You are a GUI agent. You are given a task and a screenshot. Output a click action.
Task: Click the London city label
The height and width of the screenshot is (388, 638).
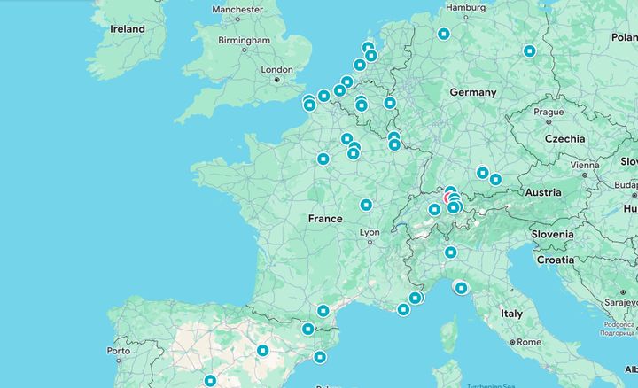point(276,69)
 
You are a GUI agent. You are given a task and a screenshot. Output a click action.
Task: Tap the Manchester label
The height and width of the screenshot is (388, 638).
point(237,9)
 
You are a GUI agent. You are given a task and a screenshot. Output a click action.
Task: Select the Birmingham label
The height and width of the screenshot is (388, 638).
point(244,40)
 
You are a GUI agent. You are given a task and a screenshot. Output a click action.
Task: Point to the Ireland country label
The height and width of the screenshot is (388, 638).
point(127,29)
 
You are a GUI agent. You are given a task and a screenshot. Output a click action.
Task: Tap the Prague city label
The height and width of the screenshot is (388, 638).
point(549,113)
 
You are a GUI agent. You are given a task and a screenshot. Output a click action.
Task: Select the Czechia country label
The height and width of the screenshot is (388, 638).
point(564,139)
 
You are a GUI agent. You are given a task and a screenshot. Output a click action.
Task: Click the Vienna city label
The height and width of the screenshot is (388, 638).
point(585,165)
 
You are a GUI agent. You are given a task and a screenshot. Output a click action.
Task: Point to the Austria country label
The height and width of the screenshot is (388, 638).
point(542,192)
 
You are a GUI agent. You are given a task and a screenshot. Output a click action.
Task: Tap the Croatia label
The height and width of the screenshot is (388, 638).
point(556,260)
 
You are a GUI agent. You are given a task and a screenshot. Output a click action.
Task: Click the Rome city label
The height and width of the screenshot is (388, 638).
point(527,342)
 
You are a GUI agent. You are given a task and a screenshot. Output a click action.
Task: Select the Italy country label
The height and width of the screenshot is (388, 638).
point(511,314)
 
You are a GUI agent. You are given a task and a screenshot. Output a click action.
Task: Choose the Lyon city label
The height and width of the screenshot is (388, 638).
point(369,233)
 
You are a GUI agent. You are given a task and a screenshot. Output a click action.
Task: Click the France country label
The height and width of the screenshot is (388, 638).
point(325,218)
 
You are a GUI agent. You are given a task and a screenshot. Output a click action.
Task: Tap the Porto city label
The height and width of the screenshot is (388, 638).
point(118,351)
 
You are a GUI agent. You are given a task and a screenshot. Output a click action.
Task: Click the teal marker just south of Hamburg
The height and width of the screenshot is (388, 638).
point(443,35)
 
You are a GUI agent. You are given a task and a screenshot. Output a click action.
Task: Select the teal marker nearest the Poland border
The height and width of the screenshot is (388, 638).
point(529,51)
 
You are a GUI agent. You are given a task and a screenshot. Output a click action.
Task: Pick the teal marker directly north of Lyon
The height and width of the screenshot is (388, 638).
point(366,205)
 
